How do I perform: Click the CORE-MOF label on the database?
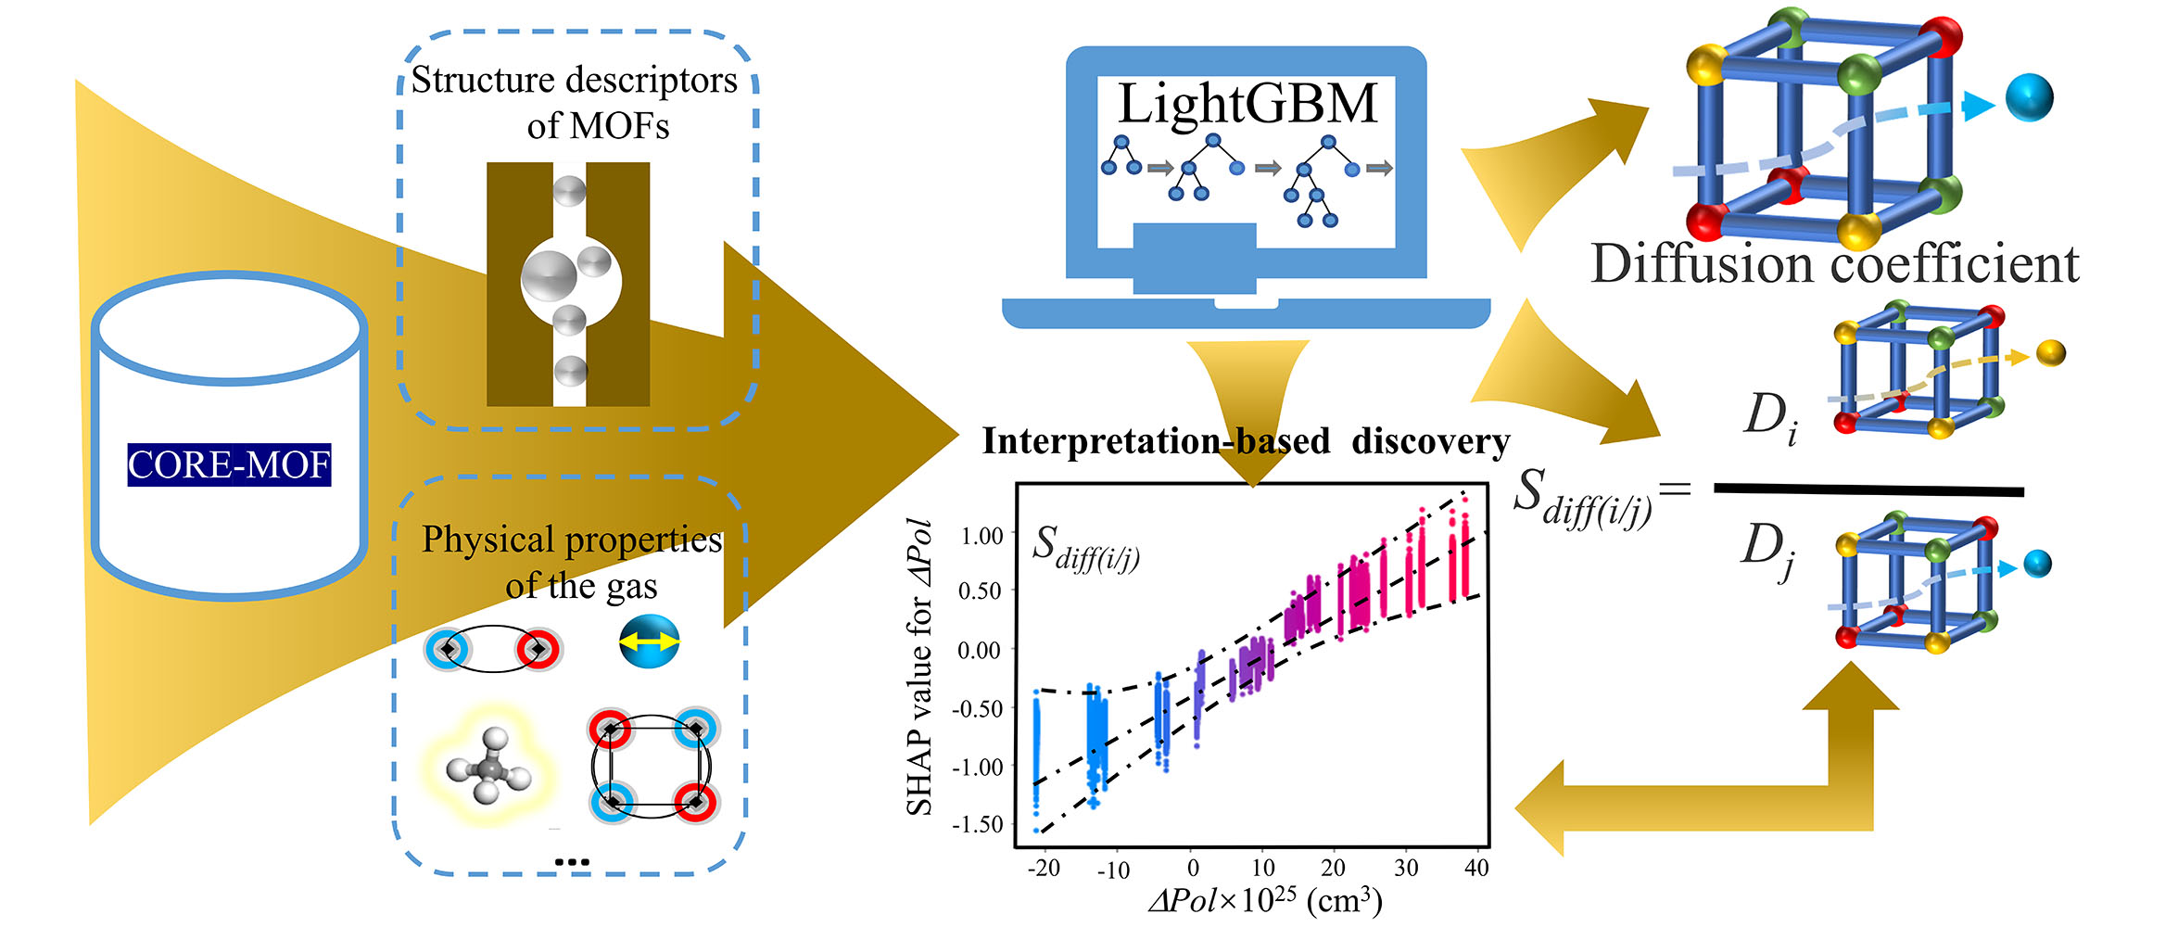pyautogui.click(x=229, y=464)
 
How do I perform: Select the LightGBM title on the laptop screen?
pyautogui.click(x=1247, y=104)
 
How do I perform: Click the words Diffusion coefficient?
pyautogui.click(x=1834, y=264)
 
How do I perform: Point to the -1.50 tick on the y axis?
pyautogui.click(x=978, y=823)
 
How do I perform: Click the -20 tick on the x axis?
pyautogui.click(x=1044, y=868)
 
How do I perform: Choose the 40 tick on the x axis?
pyautogui.click(x=1476, y=868)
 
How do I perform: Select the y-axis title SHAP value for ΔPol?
pyautogui.click(x=919, y=667)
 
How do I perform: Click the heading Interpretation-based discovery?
pyautogui.click(x=1246, y=441)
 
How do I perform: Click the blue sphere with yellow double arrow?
pyautogui.click(x=650, y=641)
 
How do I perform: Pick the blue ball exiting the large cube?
pyautogui.click(x=2029, y=97)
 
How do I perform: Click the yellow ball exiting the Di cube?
pyautogui.click(x=2051, y=353)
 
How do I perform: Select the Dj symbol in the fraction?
pyautogui.click(x=1768, y=551)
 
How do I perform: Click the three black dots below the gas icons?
pyautogui.click(x=572, y=862)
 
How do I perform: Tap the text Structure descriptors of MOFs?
pyautogui.click(x=575, y=102)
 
